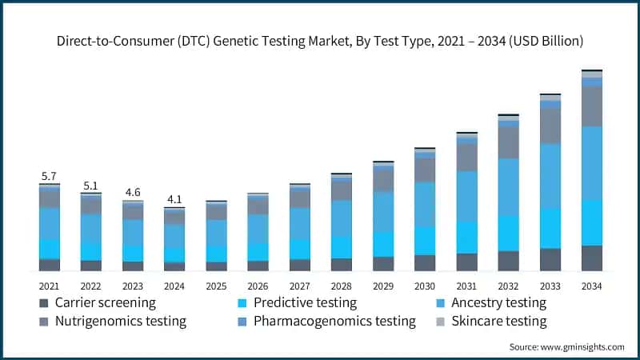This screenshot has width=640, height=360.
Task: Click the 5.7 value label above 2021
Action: pyautogui.click(x=49, y=176)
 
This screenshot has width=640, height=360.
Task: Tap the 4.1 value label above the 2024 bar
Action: pyautogui.click(x=174, y=199)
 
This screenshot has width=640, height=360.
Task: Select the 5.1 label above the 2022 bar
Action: pyautogui.click(x=90, y=186)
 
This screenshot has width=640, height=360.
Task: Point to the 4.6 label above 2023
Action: pyautogui.click(x=133, y=192)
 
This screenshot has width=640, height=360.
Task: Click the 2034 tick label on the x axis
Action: pyautogui.click(x=591, y=286)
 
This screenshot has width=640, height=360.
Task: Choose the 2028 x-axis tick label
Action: pyautogui.click(x=342, y=286)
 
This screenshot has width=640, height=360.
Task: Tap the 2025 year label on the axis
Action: pyautogui.click(x=216, y=286)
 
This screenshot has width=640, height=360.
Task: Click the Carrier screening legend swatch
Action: pyautogui.click(x=42, y=303)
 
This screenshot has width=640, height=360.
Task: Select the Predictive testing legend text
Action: pyautogui.click(x=305, y=303)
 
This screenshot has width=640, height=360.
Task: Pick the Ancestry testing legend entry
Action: pyautogui.click(x=498, y=303)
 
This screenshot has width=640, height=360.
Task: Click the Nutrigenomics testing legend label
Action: pyautogui.click(x=121, y=322)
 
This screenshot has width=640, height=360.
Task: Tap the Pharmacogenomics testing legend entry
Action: pyautogui.click(x=334, y=322)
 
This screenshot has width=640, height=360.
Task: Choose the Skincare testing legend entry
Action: pyautogui.click(x=498, y=322)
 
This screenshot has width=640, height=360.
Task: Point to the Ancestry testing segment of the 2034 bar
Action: pyautogui.click(x=591, y=162)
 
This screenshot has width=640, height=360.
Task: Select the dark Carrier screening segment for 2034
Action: pyautogui.click(x=591, y=258)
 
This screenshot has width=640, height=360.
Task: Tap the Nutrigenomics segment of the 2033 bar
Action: pyautogui.click(x=550, y=126)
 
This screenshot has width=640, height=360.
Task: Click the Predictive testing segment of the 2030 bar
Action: pyautogui.click(x=425, y=240)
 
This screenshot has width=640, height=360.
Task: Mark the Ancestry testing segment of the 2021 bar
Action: pyautogui.click(x=49, y=223)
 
